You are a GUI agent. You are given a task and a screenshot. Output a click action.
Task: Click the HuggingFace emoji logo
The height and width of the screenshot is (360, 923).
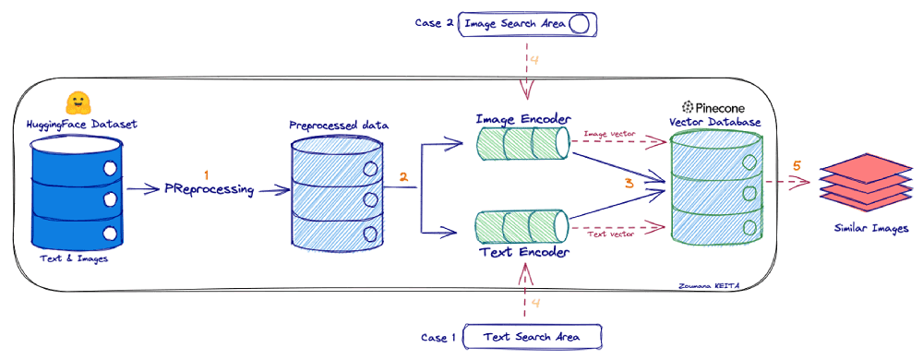tap(78, 102)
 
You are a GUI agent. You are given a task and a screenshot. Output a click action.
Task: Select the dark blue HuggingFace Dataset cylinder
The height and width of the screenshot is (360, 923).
tap(78, 189)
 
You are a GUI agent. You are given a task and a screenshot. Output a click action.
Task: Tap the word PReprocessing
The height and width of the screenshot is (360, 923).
tap(210, 189)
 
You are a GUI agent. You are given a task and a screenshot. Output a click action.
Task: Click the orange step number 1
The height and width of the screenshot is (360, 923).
tap(207, 174)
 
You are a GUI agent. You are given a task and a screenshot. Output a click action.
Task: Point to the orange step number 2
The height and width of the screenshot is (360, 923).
tap(402, 175)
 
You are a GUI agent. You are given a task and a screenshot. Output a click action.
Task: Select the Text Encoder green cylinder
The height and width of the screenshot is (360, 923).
tap(522, 227)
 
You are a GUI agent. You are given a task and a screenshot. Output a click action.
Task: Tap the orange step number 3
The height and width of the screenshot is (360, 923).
tap(629, 183)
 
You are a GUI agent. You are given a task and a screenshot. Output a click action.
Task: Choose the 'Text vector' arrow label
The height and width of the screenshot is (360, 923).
tap(611, 234)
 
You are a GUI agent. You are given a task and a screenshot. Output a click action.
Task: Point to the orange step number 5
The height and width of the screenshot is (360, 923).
tap(797, 166)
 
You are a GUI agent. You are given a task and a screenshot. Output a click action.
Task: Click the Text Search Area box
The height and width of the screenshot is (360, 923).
tap(533, 337)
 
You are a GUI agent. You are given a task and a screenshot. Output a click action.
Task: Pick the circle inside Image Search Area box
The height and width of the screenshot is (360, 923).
tap(579, 24)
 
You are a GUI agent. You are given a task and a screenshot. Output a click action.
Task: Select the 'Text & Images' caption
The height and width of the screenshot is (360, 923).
tap(78, 259)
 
